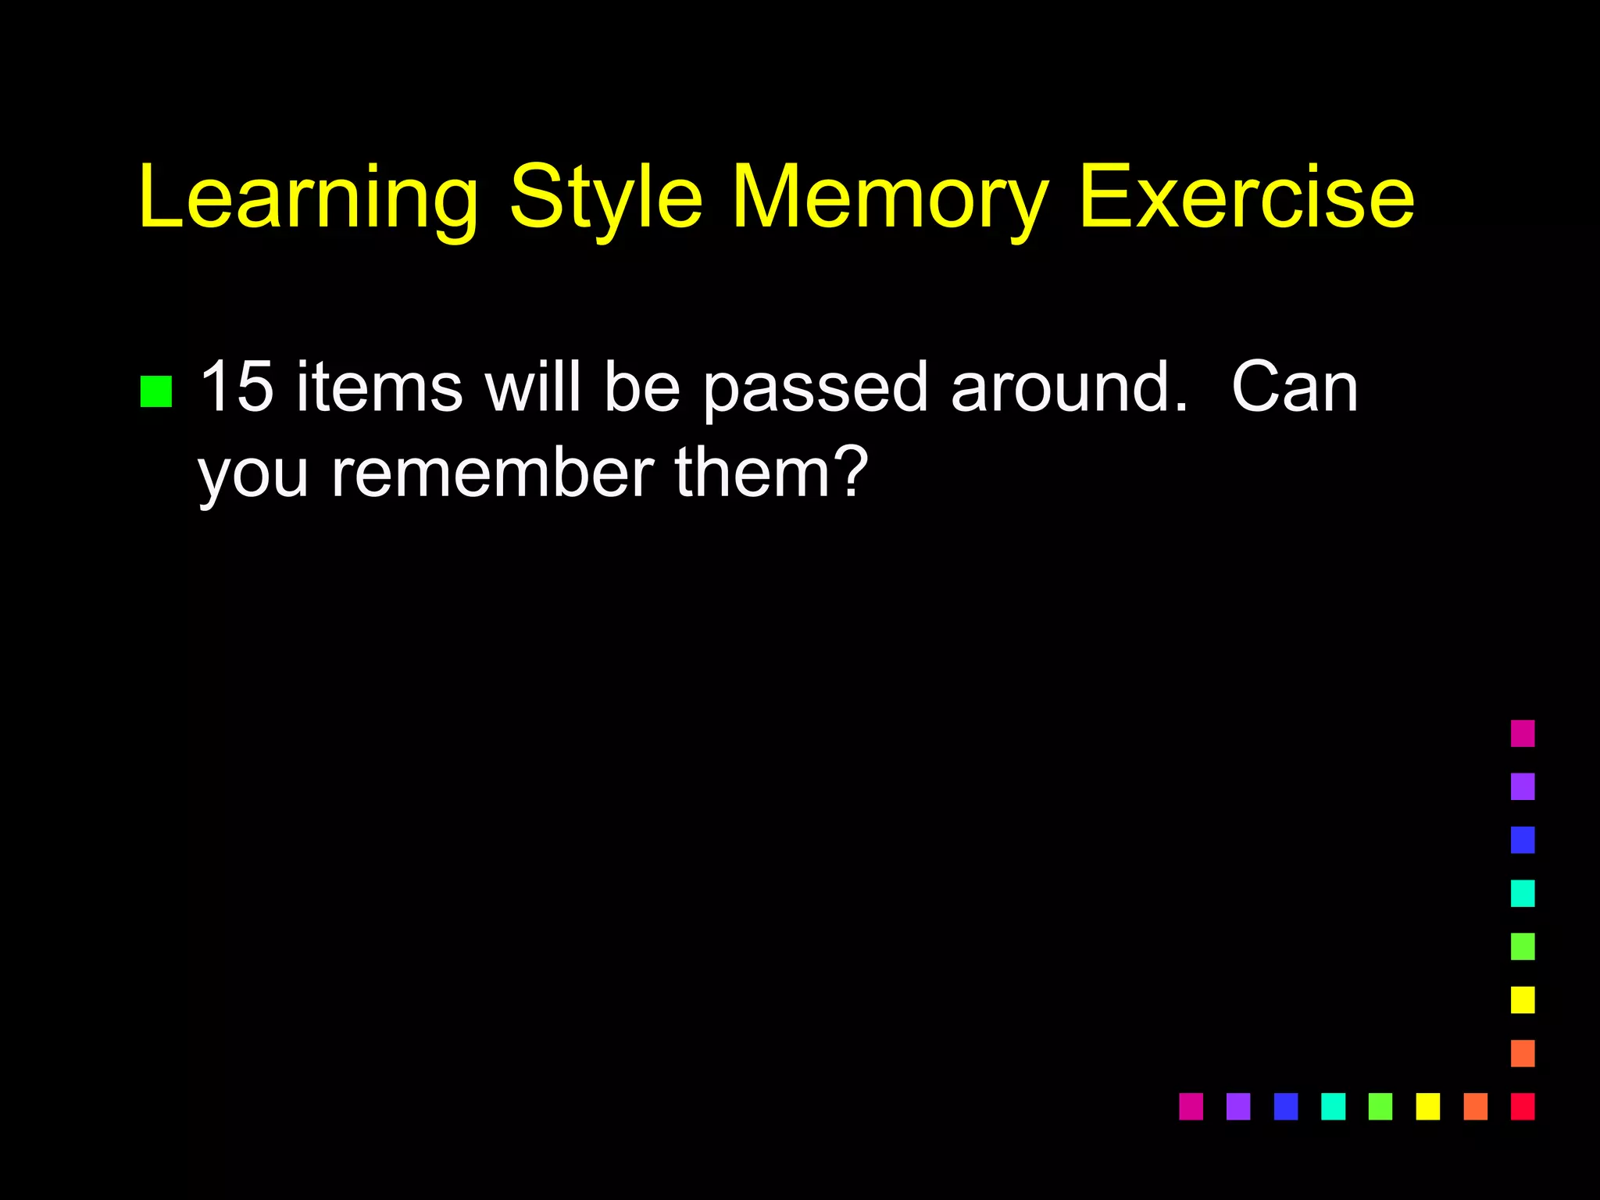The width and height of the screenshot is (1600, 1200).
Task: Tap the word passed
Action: [x=815, y=388]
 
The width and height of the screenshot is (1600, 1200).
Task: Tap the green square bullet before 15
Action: [x=156, y=392]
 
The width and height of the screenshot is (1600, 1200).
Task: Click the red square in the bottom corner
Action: [x=1522, y=1106]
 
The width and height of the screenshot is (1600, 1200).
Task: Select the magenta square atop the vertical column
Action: [x=1522, y=734]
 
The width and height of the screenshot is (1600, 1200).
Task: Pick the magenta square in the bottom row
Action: [x=1191, y=1106]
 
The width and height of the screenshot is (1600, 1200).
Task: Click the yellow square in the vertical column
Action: [x=1522, y=1000]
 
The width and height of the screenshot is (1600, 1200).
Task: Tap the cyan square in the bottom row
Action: [x=1333, y=1106]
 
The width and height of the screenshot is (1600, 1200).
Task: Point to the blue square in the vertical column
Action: [x=1522, y=840]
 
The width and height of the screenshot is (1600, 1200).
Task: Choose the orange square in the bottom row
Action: [x=1475, y=1106]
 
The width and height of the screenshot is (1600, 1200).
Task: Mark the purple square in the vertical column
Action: [x=1522, y=787]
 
